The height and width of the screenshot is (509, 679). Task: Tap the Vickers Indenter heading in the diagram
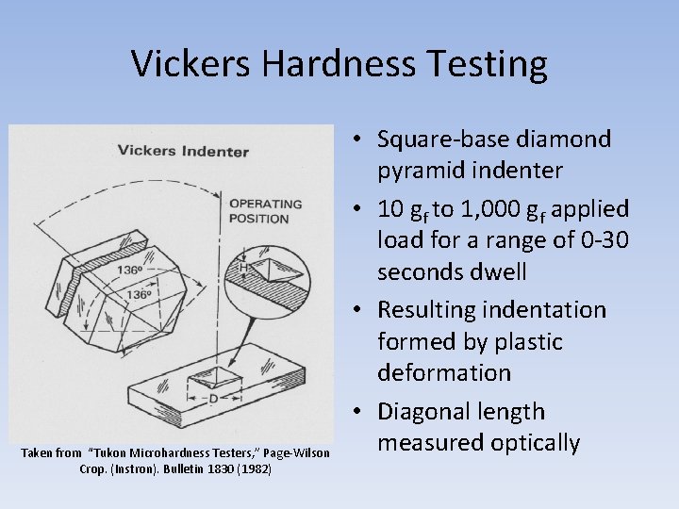183,151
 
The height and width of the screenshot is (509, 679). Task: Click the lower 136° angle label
139,295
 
